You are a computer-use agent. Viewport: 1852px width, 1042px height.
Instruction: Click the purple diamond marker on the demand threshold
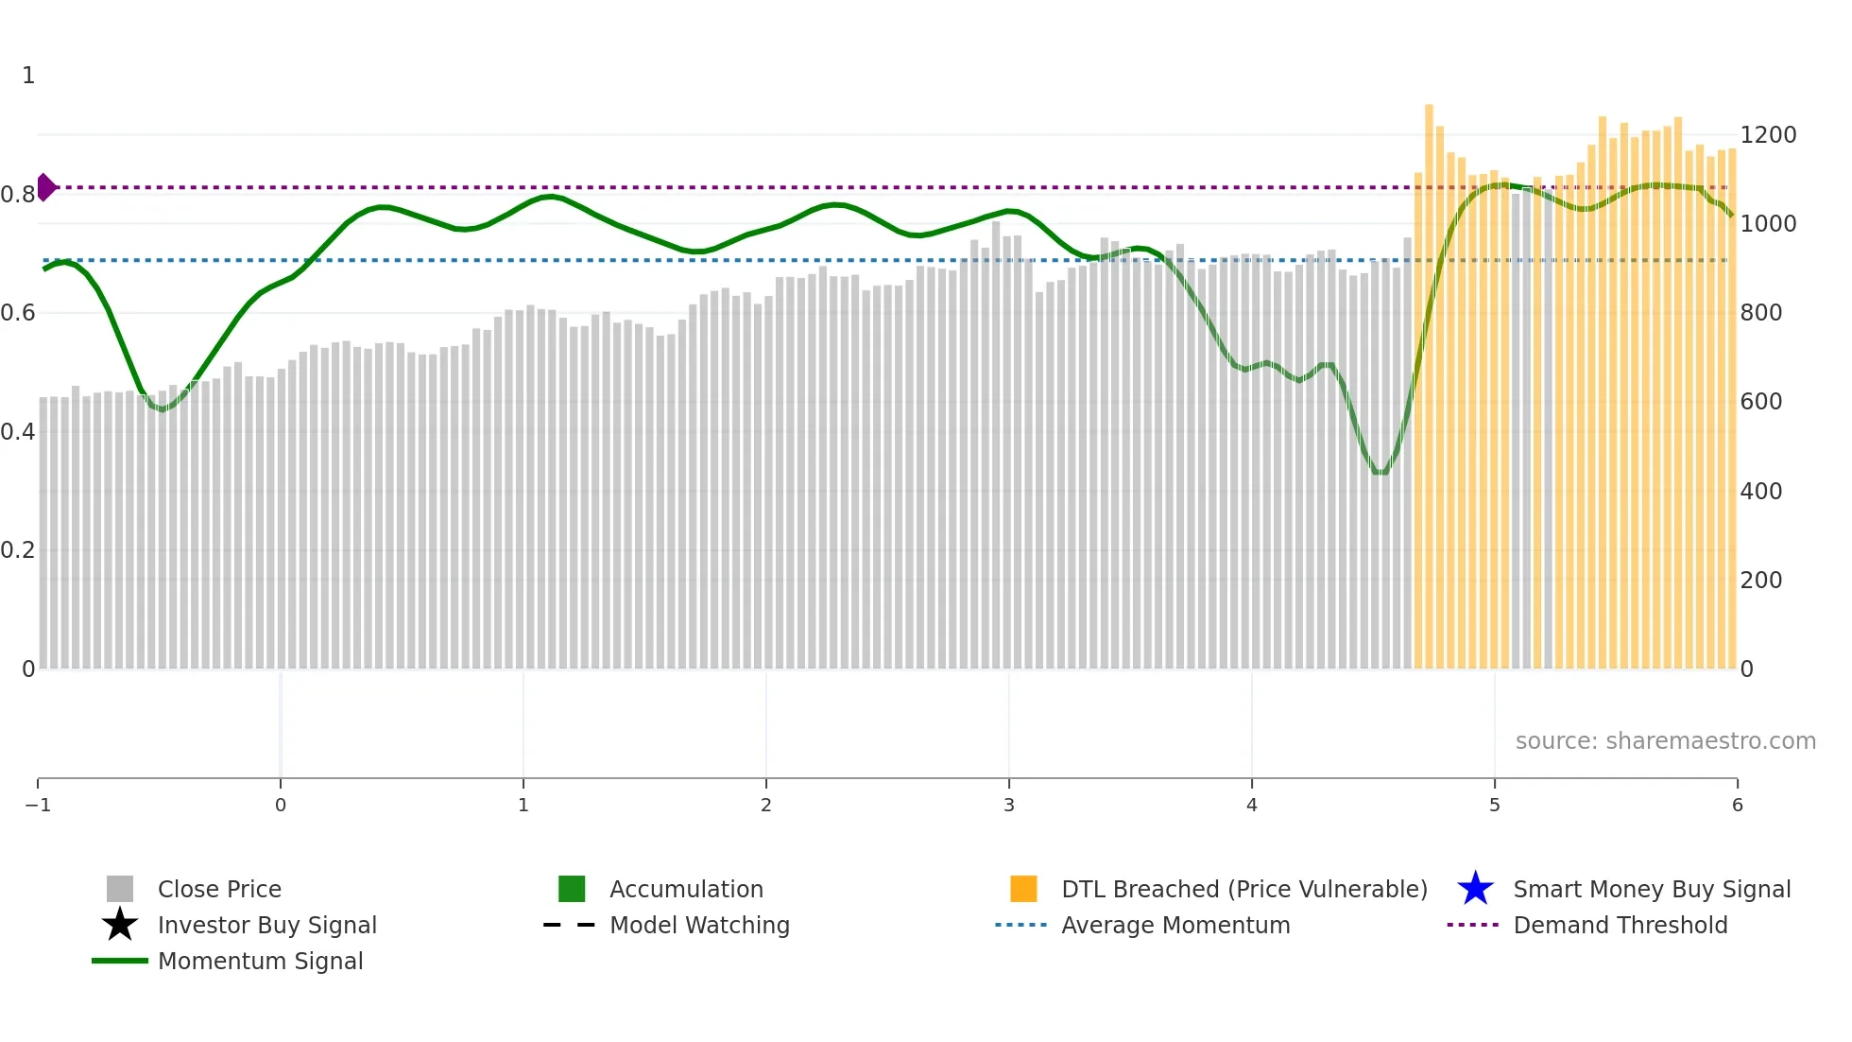pos(46,187)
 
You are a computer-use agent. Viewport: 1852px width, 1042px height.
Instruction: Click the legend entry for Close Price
pos(219,889)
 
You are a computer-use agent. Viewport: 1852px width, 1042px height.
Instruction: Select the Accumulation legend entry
pos(686,889)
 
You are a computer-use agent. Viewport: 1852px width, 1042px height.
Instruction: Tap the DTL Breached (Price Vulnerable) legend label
pos(1243,889)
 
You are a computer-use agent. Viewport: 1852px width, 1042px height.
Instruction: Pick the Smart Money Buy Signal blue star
pos(1475,889)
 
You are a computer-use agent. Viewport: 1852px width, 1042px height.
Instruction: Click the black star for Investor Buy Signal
pos(120,925)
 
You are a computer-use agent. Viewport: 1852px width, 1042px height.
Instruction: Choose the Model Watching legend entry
pos(699,925)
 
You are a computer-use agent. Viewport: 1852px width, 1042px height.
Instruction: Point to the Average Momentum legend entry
pos(1175,925)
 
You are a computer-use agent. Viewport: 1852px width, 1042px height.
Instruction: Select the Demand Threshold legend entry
pos(1620,925)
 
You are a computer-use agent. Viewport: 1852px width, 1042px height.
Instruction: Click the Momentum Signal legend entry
pos(260,961)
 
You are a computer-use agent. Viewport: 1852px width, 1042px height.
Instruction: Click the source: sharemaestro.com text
pos(1665,741)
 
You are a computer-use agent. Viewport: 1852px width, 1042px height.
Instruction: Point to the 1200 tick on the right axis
pos(1768,135)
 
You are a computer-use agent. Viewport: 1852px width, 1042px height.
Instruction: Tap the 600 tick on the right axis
pos(1761,402)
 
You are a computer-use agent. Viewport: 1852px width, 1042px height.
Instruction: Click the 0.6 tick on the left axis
pos(18,313)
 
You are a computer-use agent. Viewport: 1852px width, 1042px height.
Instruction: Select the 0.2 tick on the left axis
pos(18,550)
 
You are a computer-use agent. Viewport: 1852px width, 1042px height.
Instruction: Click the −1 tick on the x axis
pos(38,805)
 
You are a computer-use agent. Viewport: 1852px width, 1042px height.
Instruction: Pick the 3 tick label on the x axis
pos(1009,805)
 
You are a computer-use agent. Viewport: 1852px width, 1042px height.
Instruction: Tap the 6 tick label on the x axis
pos(1737,805)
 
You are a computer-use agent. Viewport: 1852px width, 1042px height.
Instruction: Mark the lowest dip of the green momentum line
pos(1380,472)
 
